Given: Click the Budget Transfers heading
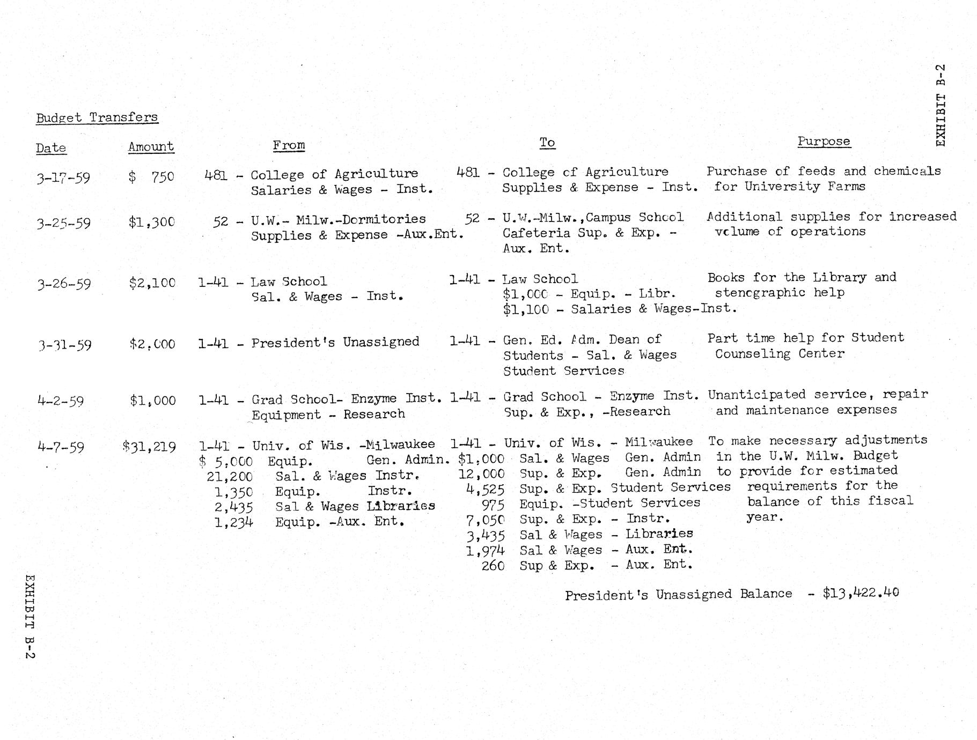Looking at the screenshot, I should [97, 117].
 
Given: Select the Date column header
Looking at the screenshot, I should [51, 148].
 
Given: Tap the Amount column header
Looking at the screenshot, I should [151, 147].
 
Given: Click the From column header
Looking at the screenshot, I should [289, 145].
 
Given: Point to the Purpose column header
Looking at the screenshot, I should [824, 142].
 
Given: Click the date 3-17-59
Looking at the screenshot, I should [63, 177].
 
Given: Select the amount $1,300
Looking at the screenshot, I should [151, 222].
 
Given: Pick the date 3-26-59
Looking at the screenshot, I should [63, 283].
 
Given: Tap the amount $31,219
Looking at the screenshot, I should [149, 446].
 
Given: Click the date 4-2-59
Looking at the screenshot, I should [61, 401].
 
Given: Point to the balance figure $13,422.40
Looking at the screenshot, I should [861, 593].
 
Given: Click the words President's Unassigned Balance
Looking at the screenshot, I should [678, 595].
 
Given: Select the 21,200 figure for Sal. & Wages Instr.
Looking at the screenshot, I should [230, 476].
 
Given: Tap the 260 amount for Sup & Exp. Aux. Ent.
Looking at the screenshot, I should [493, 565].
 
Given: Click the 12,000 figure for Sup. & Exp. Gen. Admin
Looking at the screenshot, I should [481, 474].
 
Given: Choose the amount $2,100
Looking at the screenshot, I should [152, 283].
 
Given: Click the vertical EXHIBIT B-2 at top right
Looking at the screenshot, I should [941, 105].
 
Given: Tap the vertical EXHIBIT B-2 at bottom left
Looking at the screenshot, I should [30, 617].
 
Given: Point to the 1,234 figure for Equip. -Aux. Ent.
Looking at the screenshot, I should [233, 522].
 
